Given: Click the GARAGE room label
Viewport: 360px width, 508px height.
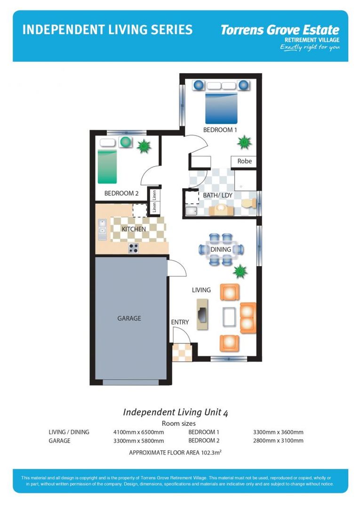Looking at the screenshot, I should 129,318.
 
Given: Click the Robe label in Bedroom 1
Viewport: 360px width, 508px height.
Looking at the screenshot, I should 244,161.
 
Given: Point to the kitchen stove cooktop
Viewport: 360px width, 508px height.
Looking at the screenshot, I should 134,249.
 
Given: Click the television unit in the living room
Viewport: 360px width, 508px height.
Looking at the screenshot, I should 202,316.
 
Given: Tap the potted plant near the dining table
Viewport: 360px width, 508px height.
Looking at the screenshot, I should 240,271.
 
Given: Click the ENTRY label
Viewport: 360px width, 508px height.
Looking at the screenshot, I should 180,322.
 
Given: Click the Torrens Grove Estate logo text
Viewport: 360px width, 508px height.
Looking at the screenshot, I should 280,30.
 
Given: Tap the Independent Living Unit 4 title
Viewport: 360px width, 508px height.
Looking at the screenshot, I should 176,413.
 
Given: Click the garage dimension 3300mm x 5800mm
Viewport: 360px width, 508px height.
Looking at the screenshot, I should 138,441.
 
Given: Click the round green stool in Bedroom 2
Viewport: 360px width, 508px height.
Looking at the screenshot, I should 125,142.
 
